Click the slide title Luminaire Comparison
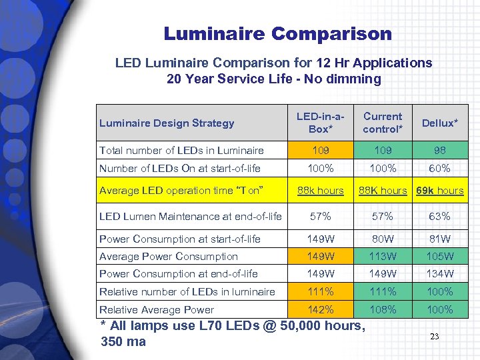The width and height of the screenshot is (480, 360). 278,33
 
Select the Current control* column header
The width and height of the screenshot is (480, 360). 383,123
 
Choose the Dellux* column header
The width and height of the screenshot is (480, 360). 440,123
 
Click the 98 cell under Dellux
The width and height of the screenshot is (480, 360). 440,151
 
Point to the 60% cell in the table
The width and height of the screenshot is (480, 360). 440,169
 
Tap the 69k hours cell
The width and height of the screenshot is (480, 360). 440,191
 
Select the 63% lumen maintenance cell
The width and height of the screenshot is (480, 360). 440,216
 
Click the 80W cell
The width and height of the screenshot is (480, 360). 383,239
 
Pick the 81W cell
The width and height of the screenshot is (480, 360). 440,239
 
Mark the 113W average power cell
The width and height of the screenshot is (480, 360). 383,257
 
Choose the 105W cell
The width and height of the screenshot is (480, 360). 440,257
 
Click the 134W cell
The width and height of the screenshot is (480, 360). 440,274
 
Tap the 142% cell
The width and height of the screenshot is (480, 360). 321,309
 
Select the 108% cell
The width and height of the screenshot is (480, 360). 383,309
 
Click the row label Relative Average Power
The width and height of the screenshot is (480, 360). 157,309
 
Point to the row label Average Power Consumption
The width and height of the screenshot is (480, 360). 168,257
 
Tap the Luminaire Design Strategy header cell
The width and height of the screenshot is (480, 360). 167,123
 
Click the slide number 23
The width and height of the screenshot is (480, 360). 434,337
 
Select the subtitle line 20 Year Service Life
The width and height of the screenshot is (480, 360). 273,79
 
